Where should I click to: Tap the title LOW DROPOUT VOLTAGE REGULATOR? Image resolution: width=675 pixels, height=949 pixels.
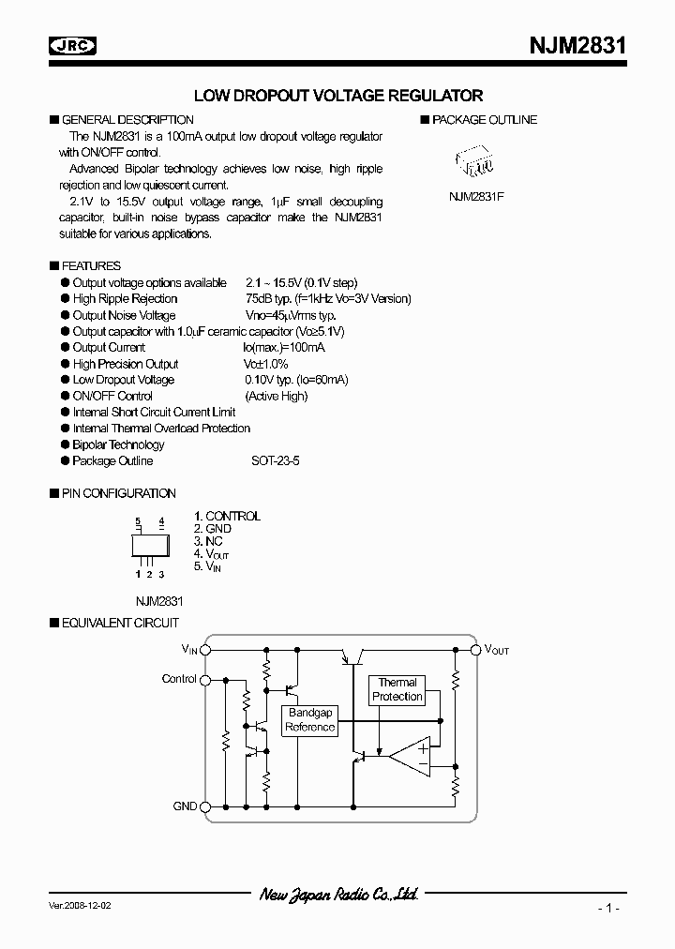(337, 96)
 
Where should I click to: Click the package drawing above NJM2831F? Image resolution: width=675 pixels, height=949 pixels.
(476, 161)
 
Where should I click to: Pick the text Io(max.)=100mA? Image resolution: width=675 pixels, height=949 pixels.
(284, 348)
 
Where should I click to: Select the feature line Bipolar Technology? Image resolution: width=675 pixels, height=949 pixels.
(118, 444)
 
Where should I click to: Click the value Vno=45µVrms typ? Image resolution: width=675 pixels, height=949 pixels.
(290, 315)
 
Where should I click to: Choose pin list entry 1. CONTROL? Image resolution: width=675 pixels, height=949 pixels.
(227, 516)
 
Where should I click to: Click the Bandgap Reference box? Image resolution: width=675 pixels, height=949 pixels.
(309, 721)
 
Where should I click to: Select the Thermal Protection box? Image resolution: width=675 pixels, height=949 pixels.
(397, 690)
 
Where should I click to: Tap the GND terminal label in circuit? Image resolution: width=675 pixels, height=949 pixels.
(185, 806)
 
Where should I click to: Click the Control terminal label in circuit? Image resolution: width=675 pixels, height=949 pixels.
(179, 679)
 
